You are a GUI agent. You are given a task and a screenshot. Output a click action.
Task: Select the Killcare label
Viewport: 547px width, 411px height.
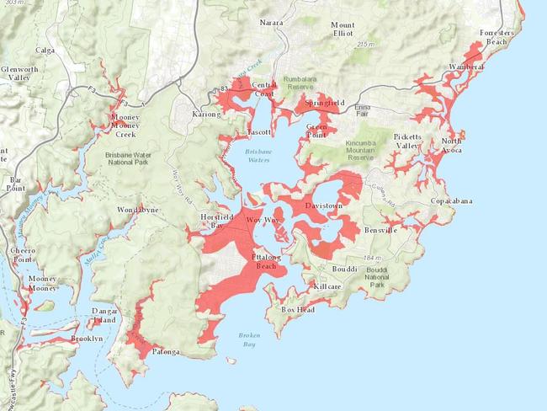(328, 287)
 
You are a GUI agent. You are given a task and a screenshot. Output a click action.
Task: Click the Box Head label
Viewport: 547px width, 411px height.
(296, 310)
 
